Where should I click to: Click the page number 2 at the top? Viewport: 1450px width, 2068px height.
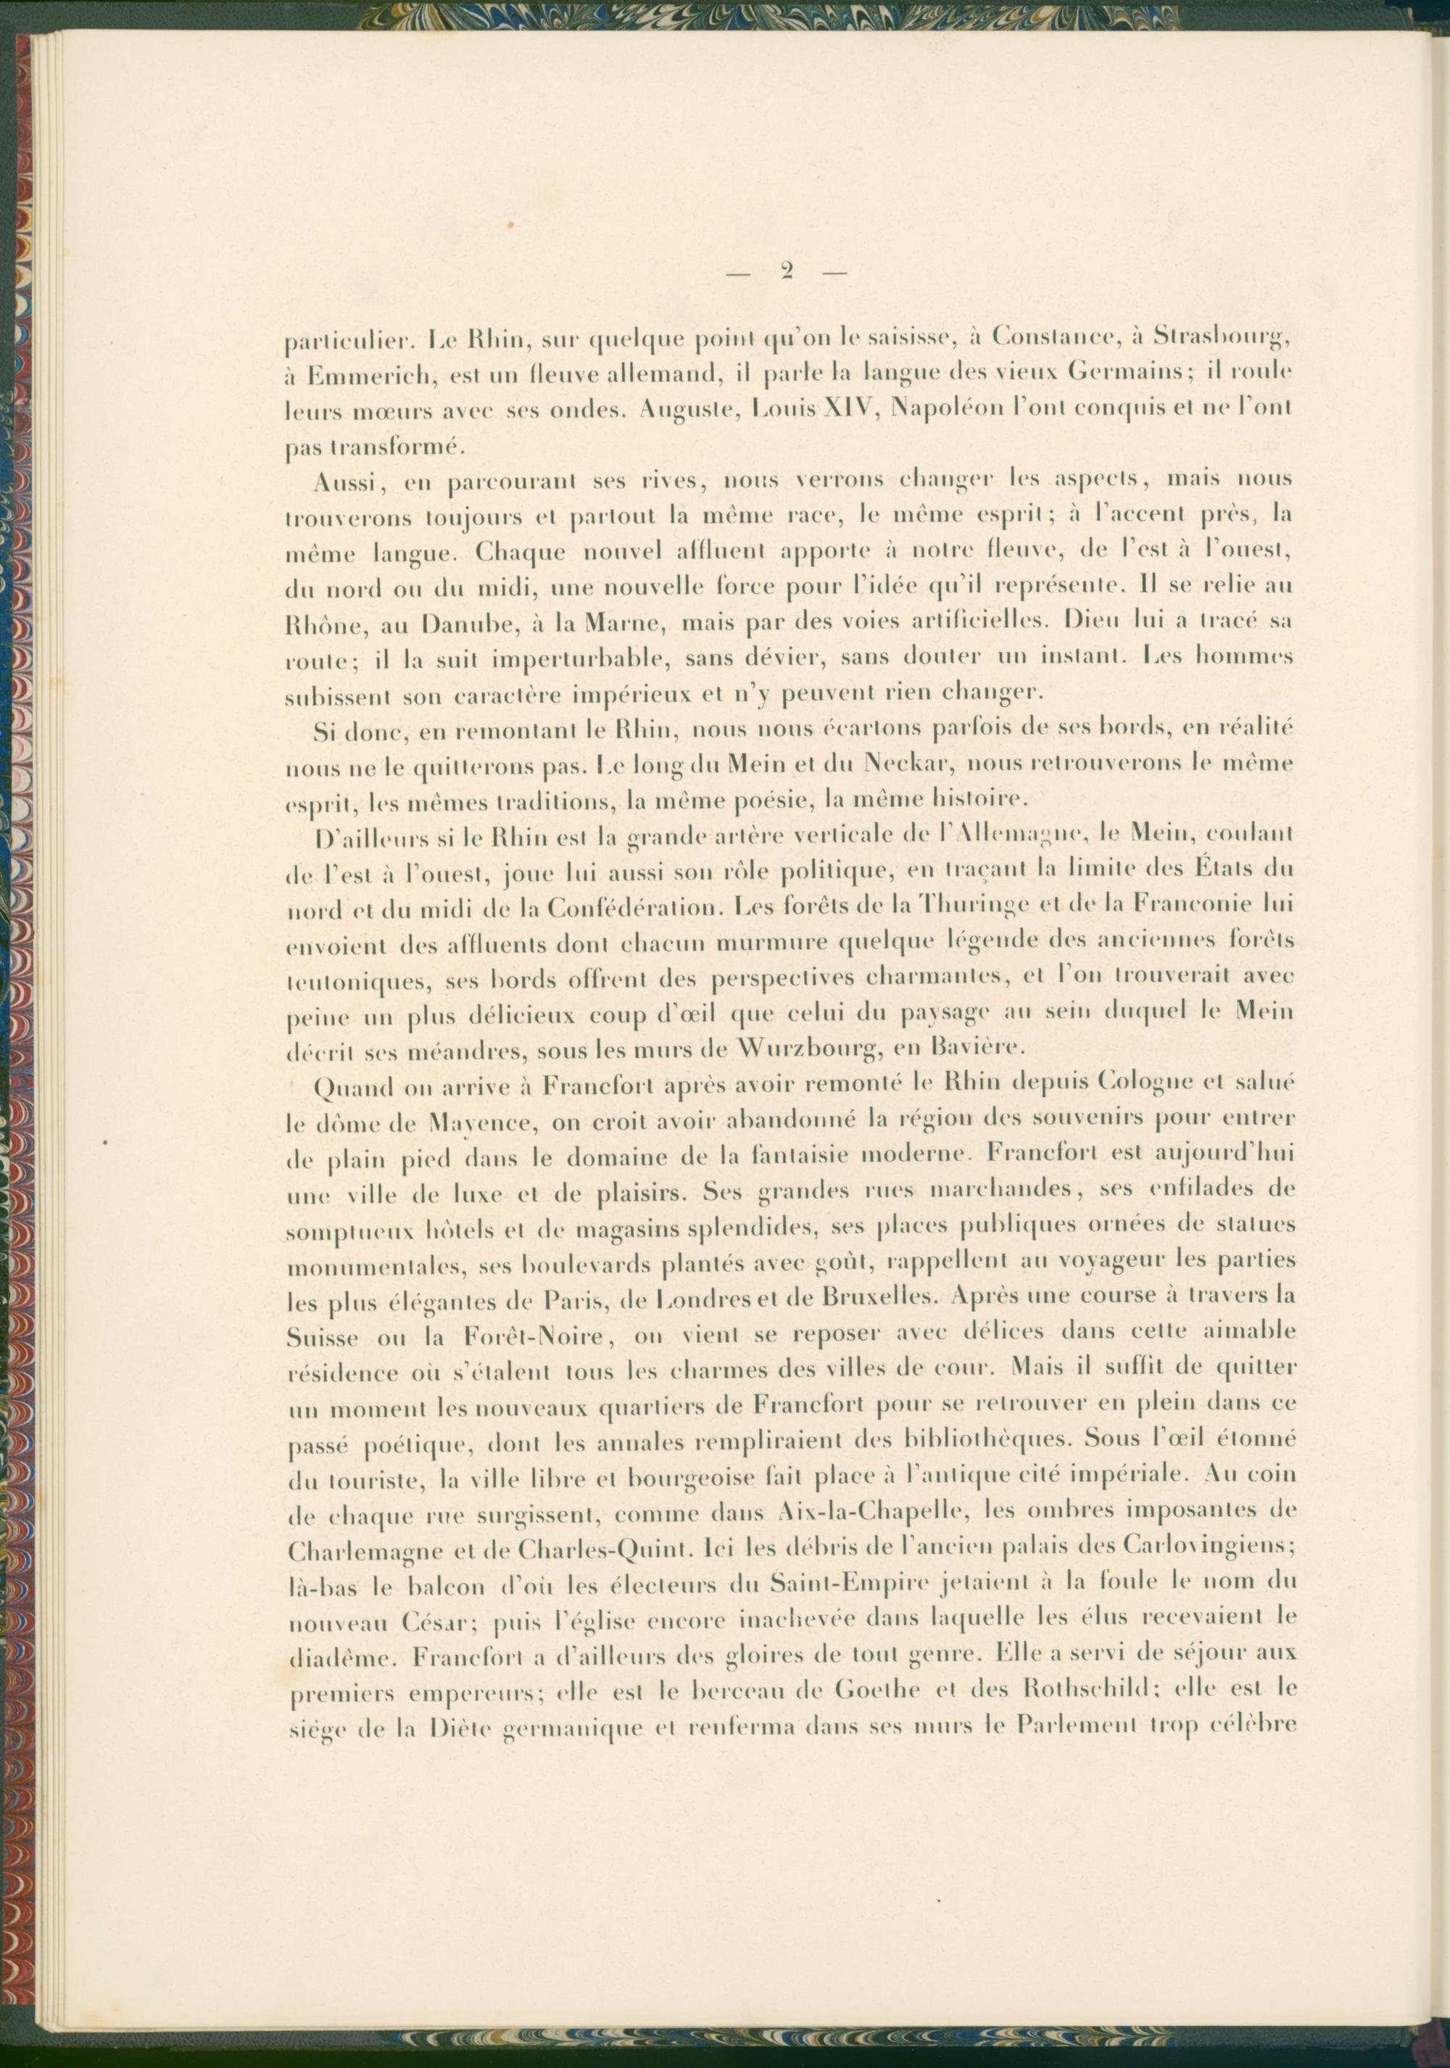coord(786,271)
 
